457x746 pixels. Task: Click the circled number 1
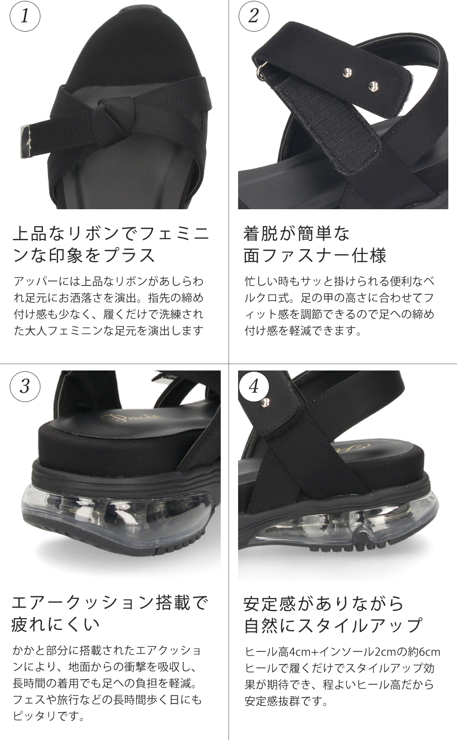click(25, 16)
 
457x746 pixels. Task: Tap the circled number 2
click(254, 16)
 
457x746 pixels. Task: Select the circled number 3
click(25, 386)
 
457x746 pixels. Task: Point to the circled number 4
click(254, 386)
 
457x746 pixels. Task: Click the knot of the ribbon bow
click(104, 115)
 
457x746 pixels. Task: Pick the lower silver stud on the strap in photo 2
click(373, 87)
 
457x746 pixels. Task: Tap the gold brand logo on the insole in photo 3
click(132, 417)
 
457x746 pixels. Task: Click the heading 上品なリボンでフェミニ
click(111, 233)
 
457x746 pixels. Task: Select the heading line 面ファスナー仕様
click(315, 255)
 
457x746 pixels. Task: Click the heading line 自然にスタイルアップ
click(333, 625)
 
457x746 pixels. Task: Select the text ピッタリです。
click(48, 716)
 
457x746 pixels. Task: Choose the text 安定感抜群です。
click(287, 701)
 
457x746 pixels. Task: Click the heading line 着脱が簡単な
click(297, 233)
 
